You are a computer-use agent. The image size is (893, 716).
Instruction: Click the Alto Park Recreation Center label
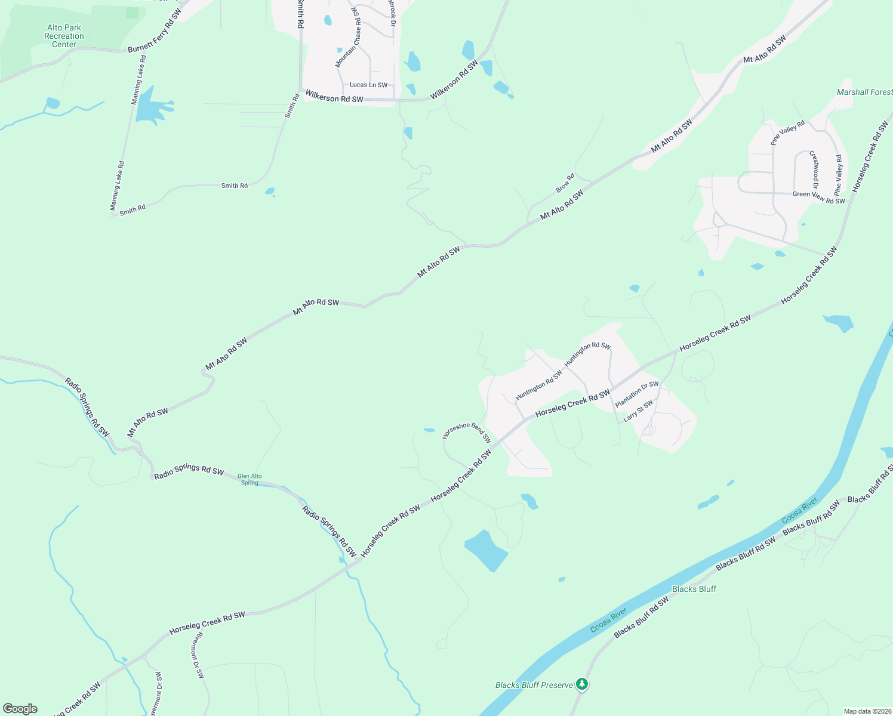(x=64, y=36)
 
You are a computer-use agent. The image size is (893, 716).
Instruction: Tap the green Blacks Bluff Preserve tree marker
(x=582, y=684)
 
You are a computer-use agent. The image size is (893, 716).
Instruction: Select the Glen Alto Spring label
(x=250, y=479)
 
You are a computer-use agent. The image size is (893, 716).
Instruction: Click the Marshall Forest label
(x=864, y=92)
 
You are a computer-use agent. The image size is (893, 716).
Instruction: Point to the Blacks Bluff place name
(x=694, y=589)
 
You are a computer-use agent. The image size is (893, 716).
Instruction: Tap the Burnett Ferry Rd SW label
(x=155, y=30)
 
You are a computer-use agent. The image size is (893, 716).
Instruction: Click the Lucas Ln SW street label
(x=368, y=85)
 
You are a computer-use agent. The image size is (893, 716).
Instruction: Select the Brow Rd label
(x=565, y=183)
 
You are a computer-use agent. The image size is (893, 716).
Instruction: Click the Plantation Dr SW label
(x=637, y=394)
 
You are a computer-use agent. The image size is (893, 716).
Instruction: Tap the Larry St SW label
(x=638, y=411)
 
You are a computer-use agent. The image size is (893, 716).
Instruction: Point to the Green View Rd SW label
(x=818, y=197)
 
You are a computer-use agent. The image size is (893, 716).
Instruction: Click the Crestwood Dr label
(x=814, y=170)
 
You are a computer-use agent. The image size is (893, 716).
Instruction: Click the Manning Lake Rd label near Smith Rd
(x=118, y=185)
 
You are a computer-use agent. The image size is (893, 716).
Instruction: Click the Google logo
(x=20, y=709)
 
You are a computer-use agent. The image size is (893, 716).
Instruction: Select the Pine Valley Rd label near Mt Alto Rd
(x=787, y=132)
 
